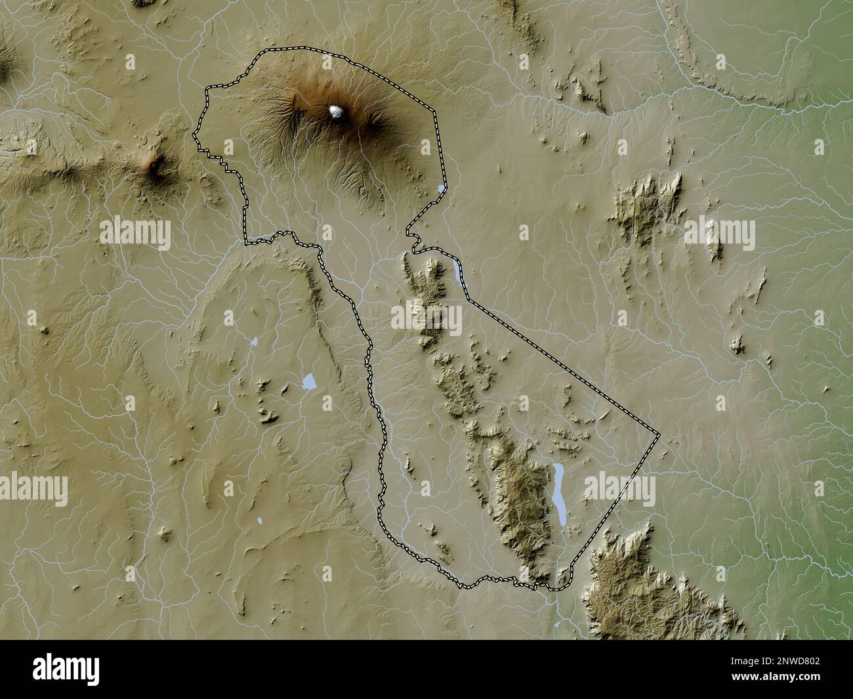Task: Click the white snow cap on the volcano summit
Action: point(337,112)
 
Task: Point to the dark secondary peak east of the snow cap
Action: point(377,120)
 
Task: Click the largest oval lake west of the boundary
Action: point(309,381)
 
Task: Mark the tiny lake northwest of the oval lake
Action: point(253,342)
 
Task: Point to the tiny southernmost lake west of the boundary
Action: point(260,520)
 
